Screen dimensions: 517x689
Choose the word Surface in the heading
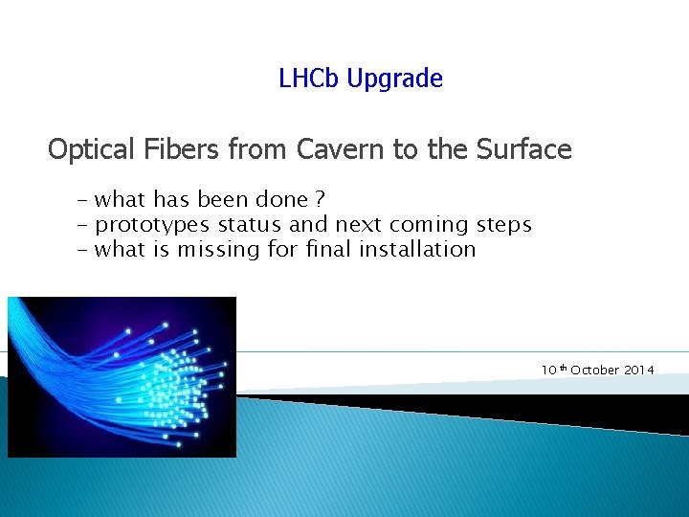point(524,149)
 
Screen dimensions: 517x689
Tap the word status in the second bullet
point(250,224)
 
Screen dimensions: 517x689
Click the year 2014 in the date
point(637,370)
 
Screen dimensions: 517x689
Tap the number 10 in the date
point(548,370)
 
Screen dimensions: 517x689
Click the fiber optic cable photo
point(122,376)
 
